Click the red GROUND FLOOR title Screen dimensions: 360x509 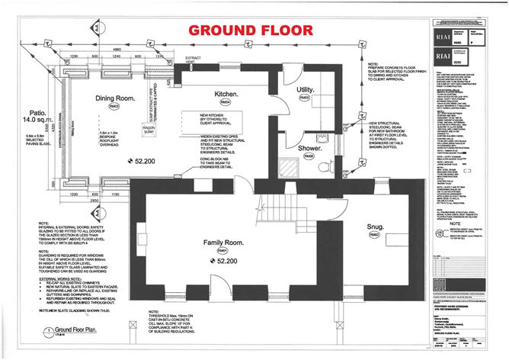click(251, 31)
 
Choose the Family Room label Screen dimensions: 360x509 click(222, 243)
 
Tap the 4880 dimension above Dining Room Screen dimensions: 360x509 click(114, 50)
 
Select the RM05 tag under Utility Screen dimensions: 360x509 click(305, 98)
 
